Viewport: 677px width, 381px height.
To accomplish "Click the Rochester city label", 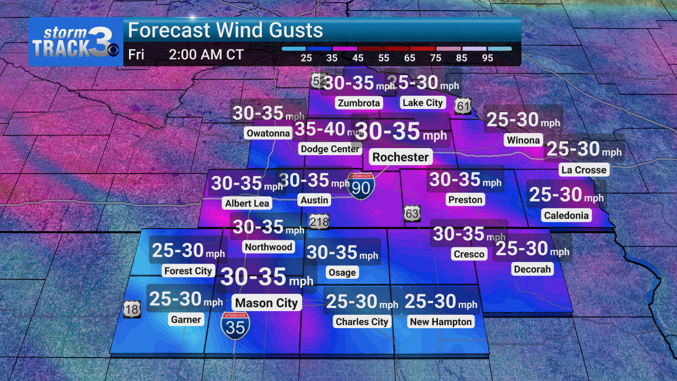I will [400, 157].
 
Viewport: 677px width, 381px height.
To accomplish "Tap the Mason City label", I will [267, 303].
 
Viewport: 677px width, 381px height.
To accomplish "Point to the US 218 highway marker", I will [319, 222].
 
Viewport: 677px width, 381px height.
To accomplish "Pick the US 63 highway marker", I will [413, 213].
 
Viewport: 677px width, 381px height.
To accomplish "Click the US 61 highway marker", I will [463, 106].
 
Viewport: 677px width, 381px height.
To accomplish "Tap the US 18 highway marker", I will [132, 309].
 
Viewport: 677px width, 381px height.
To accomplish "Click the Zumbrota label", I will [359, 103].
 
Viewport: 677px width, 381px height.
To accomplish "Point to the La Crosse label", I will [583, 170].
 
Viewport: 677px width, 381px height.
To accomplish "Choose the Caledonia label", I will [565, 215].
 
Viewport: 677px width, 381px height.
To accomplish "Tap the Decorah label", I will [532, 269].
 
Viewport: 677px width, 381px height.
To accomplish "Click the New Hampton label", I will [441, 322].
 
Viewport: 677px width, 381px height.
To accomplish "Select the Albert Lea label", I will [247, 203].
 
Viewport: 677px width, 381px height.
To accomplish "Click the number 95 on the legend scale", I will [488, 58].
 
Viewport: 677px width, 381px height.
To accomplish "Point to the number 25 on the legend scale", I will [306, 58].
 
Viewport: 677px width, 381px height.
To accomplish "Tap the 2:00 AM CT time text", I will [206, 55].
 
